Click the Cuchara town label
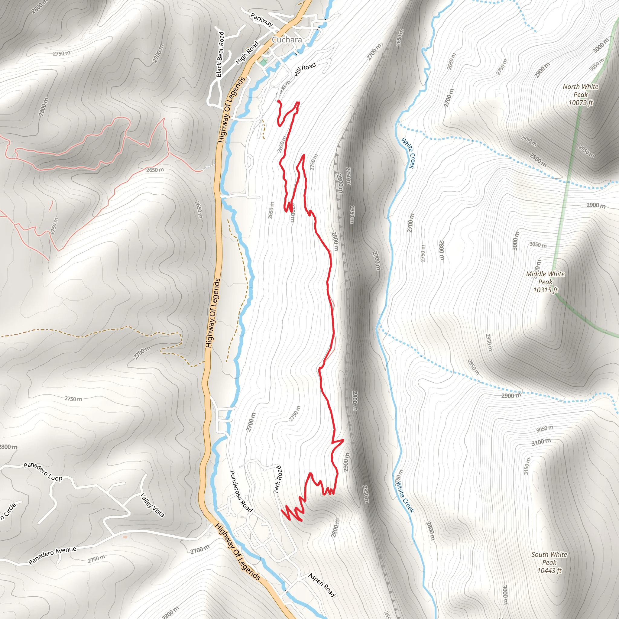click(x=287, y=40)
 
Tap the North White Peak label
click(x=581, y=90)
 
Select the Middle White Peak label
click(x=545, y=278)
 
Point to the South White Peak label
click(x=549, y=558)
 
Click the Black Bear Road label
click(x=220, y=54)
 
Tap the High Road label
click(x=247, y=53)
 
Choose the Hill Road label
click(x=305, y=69)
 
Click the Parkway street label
click(x=261, y=20)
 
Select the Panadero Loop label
click(x=43, y=472)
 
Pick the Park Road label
click(x=277, y=479)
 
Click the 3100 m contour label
click(x=541, y=442)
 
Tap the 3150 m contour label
click(x=527, y=466)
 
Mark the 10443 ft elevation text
click(x=549, y=571)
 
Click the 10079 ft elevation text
click(x=581, y=102)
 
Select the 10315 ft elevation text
click(x=545, y=290)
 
